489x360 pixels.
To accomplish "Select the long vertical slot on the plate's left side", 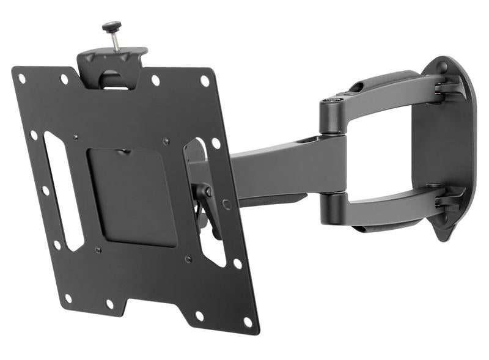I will pyautogui.click(x=63, y=189).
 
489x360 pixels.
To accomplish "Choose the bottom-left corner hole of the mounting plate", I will pyautogui.click(x=68, y=298).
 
